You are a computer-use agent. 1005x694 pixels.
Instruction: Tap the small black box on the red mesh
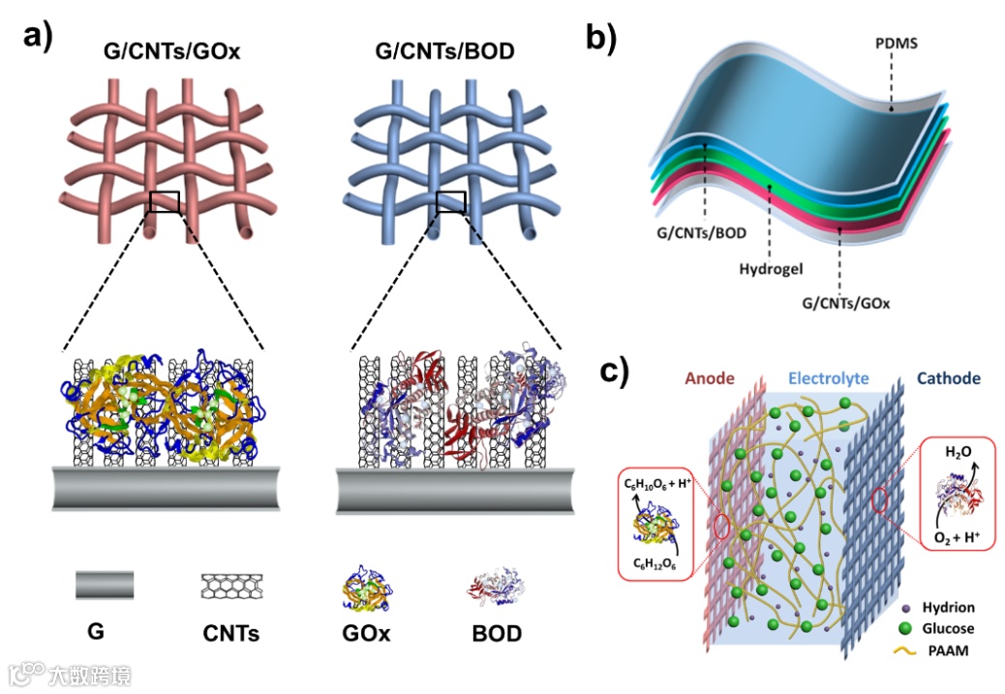(165, 201)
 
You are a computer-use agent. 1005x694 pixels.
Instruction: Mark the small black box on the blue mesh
(450, 201)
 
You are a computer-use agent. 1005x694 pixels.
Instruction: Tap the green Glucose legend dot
(904, 629)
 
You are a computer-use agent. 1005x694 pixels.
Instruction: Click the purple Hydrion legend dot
(904, 608)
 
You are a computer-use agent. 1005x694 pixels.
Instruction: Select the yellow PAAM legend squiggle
(903, 650)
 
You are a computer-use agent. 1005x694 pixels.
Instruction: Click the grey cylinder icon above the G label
(104, 586)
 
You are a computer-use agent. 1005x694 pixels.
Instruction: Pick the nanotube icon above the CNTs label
(230, 586)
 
